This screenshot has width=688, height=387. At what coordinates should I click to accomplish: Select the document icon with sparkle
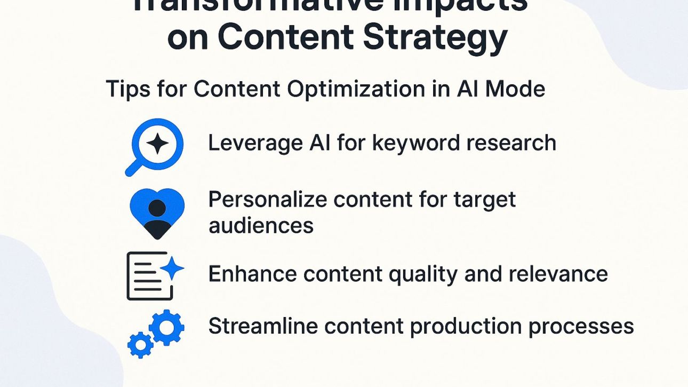(154, 275)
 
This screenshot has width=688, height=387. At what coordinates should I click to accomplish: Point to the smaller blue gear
(140, 345)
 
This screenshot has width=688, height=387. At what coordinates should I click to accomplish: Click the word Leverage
(254, 143)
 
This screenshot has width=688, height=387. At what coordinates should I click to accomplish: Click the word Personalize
(267, 200)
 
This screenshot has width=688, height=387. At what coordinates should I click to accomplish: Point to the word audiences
(261, 225)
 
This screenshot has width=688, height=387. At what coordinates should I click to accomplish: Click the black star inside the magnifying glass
(157, 144)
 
